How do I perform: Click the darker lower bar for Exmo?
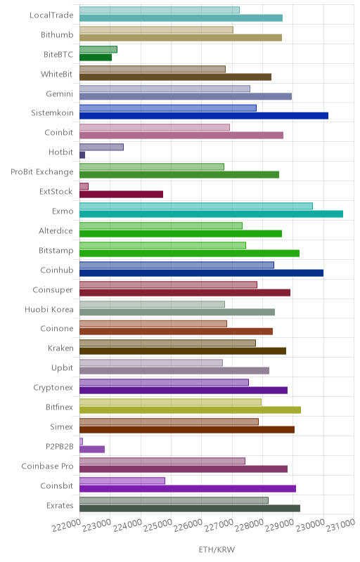pyautogui.click(x=211, y=214)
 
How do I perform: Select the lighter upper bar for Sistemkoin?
pyautogui.click(x=168, y=108)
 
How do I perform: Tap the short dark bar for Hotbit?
pyautogui.click(x=82, y=155)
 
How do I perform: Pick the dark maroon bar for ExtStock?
pyautogui.click(x=121, y=195)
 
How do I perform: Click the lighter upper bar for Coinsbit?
pyautogui.click(x=122, y=481)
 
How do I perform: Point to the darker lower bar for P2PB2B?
pyautogui.click(x=92, y=449)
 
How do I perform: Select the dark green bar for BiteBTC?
pyautogui.click(x=96, y=58)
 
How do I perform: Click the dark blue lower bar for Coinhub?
pyautogui.click(x=202, y=273)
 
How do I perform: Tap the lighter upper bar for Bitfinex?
pyautogui.click(x=170, y=402)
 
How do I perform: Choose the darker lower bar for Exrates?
pyautogui.click(x=190, y=508)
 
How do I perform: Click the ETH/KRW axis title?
pyautogui.click(x=217, y=549)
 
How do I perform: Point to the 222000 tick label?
pyautogui.click(x=66, y=525)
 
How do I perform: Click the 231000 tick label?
pyautogui.click(x=340, y=525)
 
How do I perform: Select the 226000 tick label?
pyautogui.click(x=188, y=525)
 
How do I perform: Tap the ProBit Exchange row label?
pyautogui.click(x=42, y=172)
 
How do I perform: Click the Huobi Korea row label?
pyautogui.click(x=49, y=309)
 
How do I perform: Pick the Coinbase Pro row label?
pyautogui.click(x=47, y=466)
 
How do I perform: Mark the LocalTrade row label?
pyautogui.click(x=51, y=15)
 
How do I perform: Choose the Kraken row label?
pyautogui.click(x=60, y=348)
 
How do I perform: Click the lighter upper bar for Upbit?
pyautogui.click(x=151, y=362)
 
